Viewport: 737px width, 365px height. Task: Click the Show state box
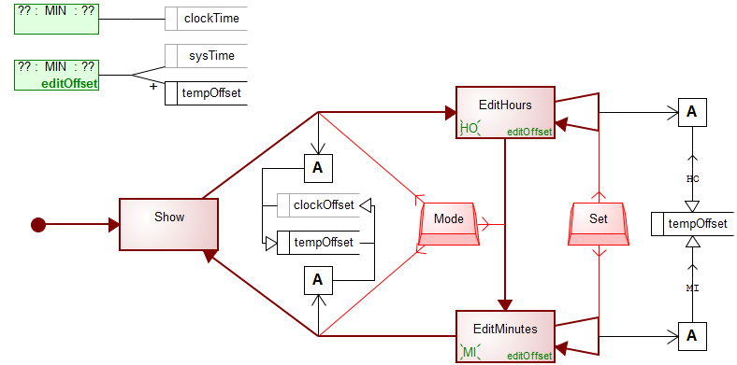pos(168,224)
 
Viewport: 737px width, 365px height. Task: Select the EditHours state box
pos(505,112)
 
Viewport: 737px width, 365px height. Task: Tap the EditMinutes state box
pos(505,335)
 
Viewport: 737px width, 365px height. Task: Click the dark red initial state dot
pos(38,224)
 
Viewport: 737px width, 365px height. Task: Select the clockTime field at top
pos(210,18)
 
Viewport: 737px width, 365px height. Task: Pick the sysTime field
pos(210,56)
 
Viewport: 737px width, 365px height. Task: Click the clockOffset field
pos(323,204)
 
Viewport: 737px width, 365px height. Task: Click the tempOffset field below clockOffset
pos(323,243)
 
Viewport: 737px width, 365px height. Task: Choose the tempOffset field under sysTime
pos(210,93)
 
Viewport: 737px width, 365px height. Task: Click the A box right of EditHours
pos(692,112)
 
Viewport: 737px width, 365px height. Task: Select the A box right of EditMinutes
pos(692,335)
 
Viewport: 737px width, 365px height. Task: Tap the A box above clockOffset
pos(318,168)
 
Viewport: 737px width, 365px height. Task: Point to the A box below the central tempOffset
pos(318,279)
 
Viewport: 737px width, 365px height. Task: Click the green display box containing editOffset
pos(57,75)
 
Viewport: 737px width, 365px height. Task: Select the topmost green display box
pos(57,18)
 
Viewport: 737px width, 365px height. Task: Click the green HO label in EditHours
pos(469,128)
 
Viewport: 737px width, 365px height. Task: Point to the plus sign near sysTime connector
pos(153,85)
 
